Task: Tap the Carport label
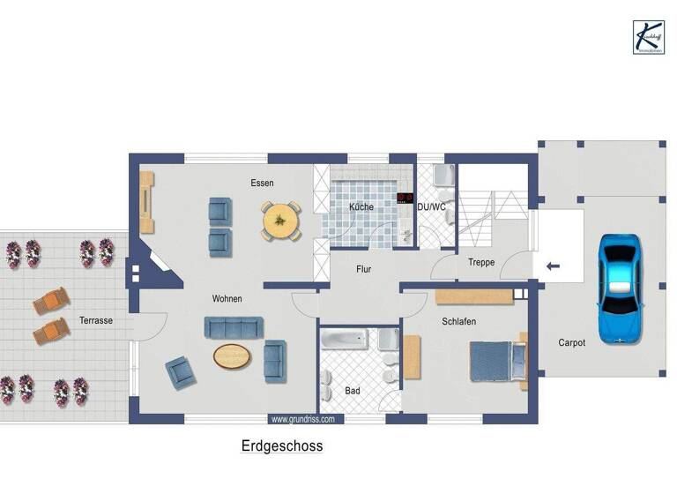pyautogui.click(x=571, y=342)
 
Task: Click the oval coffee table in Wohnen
pyautogui.click(x=232, y=356)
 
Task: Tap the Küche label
pyautogui.click(x=361, y=207)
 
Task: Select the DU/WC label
pyautogui.click(x=432, y=207)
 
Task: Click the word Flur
pyautogui.click(x=363, y=270)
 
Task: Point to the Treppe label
pyautogui.click(x=481, y=262)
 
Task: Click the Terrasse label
pyautogui.click(x=95, y=320)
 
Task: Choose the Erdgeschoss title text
pyautogui.click(x=282, y=446)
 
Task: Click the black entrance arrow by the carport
pyautogui.click(x=553, y=265)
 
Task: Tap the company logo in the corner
pyautogui.click(x=649, y=37)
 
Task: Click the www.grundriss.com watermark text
pyautogui.click(x=302, y=420)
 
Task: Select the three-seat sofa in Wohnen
pyautogui.click(x=233, y=327)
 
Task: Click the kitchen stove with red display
pyautogui.click(x=405, y=198)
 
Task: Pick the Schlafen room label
pyautogui.click(x=459, y=322)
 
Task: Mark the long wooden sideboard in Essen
pyautogui.click(x=146, y=202)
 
